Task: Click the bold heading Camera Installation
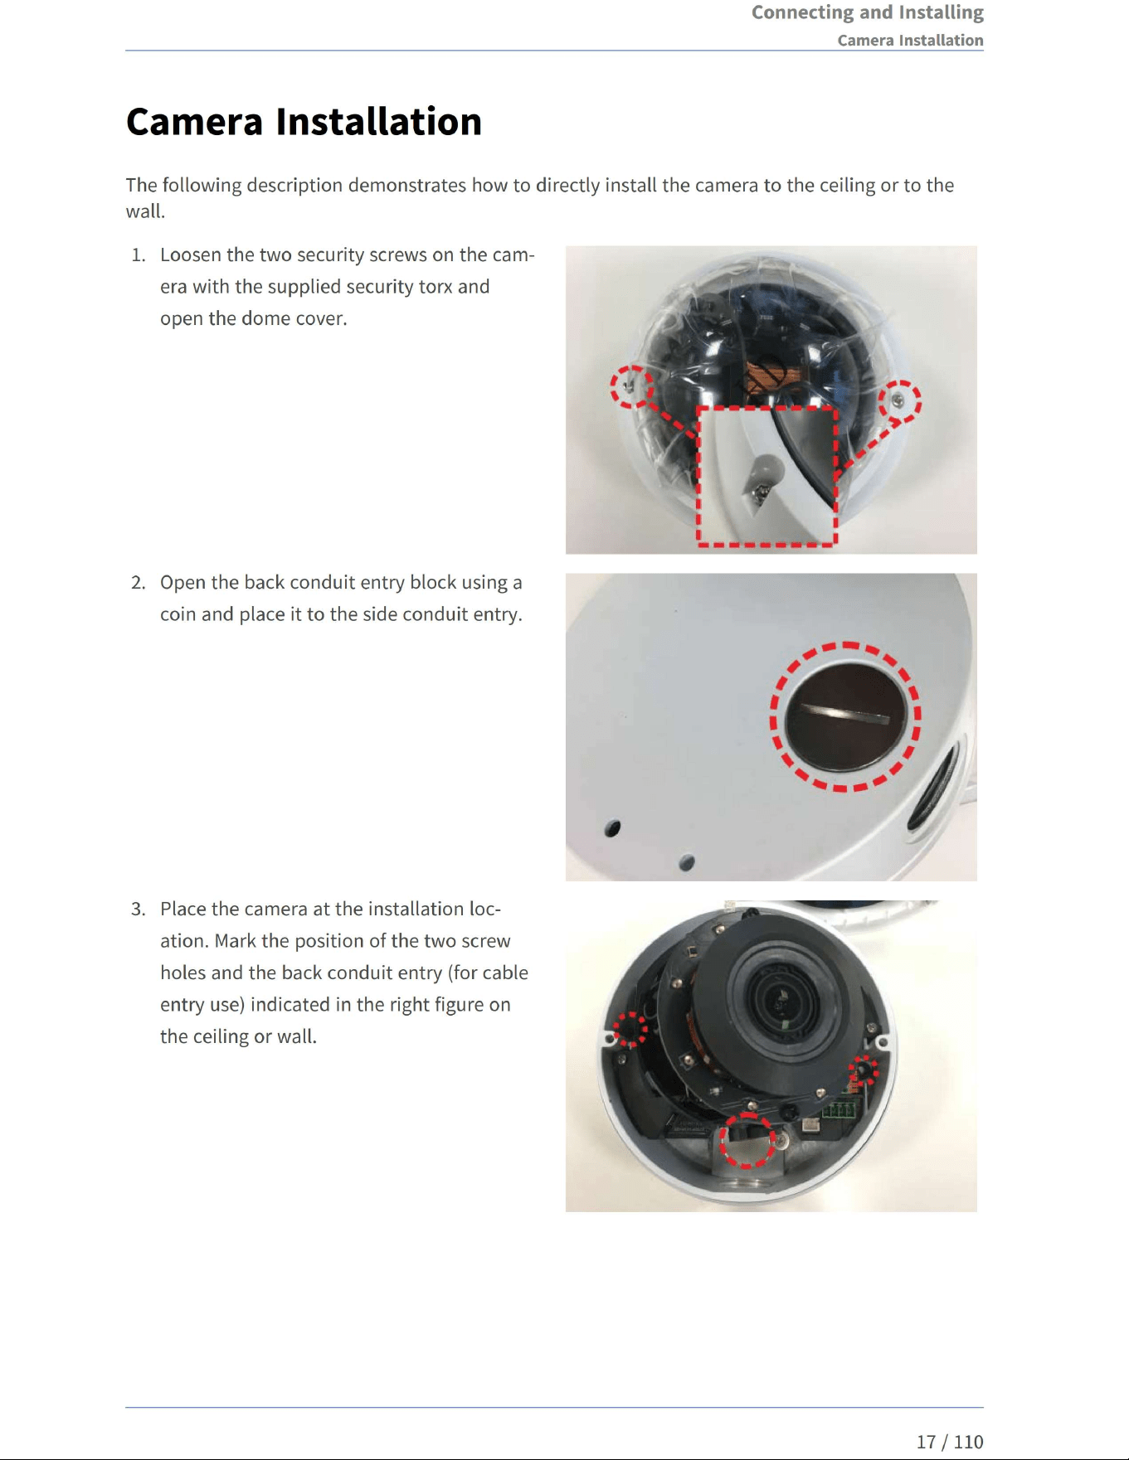coord(304,122)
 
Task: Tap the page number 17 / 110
coord(950,1441)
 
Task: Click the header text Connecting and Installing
coord(868,12)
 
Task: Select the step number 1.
coord(138,255)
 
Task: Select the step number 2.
coord(138,582)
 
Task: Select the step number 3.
coord(138,909)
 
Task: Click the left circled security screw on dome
coord(632,386)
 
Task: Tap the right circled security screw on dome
coord(899,402)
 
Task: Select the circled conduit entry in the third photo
coord(747,1141)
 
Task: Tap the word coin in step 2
coord(178,614)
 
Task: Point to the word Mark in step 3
coord(235,941)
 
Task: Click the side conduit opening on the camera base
coord(934,784)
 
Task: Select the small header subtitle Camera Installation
coord(910,40)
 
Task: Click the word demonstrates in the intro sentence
coord(406,185)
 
